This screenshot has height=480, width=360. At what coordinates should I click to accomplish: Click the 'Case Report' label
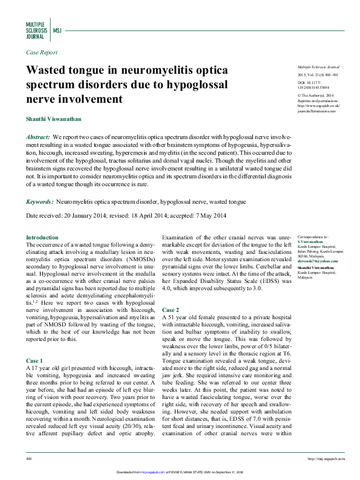[42, 53]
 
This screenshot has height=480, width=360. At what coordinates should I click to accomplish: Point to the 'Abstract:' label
[38, 138]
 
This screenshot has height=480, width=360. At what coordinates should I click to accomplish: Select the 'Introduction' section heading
[42, 238]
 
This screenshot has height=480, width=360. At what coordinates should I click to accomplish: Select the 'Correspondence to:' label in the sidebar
[313, 237]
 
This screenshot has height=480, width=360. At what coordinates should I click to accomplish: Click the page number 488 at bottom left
[29, 459]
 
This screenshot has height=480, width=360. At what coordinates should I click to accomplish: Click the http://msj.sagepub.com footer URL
[327, 459]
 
